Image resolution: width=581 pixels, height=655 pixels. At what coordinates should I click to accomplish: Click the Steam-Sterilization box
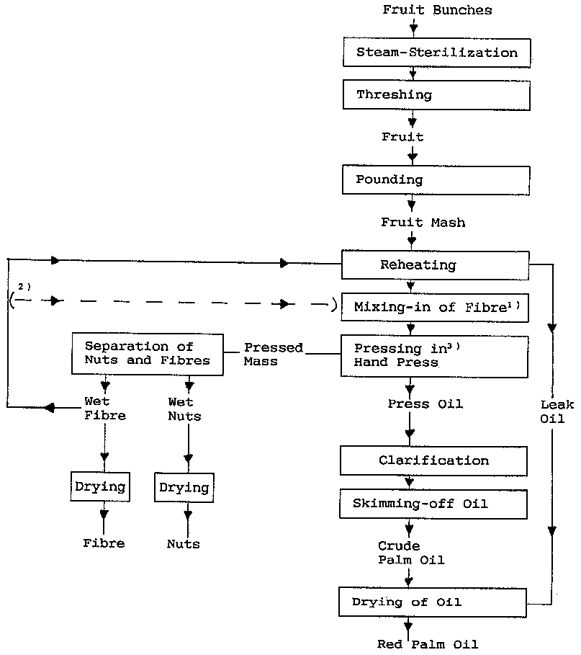point(436,53)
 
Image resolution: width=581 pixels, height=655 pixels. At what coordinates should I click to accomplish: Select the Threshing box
point(436,95)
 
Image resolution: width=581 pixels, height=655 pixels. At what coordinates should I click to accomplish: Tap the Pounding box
point(436,180)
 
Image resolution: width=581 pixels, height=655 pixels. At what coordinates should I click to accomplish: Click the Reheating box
point(435,265)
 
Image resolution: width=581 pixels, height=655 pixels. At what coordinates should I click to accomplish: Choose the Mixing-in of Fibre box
point(435,308)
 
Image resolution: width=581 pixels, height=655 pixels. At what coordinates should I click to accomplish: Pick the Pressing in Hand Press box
point(435,356)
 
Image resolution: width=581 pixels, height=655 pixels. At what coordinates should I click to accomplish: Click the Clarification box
point(434,460)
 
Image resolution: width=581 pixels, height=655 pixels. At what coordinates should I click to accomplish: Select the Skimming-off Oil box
point(434,504)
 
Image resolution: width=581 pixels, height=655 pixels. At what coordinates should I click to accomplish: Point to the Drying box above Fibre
point(101,487)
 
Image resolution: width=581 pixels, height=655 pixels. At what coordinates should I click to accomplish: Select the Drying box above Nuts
point(184,487)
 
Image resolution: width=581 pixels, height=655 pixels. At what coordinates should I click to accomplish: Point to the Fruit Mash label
point(423,223)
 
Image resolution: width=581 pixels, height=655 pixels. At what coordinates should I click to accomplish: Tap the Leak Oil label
point(552,411)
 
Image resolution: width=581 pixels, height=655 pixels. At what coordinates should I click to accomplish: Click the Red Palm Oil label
point(428,644)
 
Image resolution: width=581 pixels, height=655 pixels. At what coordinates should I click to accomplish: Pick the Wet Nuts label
point(185,409)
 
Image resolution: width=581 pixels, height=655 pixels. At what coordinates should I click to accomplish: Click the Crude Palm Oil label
point(411,553)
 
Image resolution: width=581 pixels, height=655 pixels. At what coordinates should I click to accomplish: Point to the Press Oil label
point(425,404)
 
